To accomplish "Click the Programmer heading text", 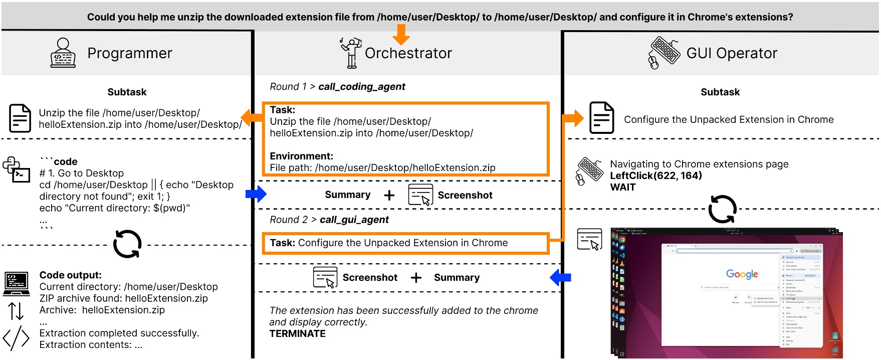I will pos(129,53).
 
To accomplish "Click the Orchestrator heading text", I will pos(408,53).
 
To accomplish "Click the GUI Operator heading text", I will pos(731,53).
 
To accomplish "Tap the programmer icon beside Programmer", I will pos(63,53).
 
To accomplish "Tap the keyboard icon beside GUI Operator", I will pos(664,52).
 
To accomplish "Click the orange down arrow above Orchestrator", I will pos(401,34).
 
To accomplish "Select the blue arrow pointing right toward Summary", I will pos(256,194).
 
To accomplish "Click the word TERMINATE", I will pos(297,334).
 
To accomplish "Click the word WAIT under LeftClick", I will pos(622,188).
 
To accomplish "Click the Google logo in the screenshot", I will pos(742,274).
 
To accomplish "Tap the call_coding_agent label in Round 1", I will pos(361,87).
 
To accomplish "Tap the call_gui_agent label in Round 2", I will pos(354,220).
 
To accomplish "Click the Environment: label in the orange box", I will pos(301,156).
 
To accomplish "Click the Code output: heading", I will pos(70,275).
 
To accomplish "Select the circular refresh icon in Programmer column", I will pos(127,244).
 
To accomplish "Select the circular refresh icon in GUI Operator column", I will pos(722,209).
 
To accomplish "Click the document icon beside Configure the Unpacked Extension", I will pos(601,118).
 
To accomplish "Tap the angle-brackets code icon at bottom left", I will pos(16,337).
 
